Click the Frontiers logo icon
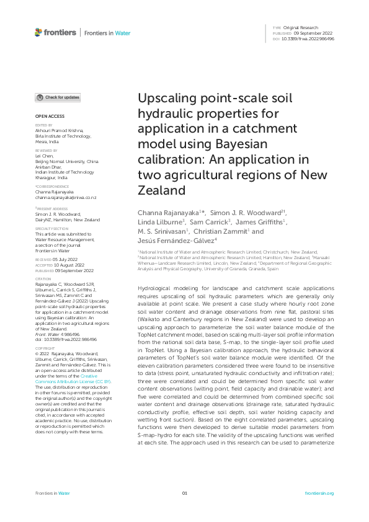point(38,32)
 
